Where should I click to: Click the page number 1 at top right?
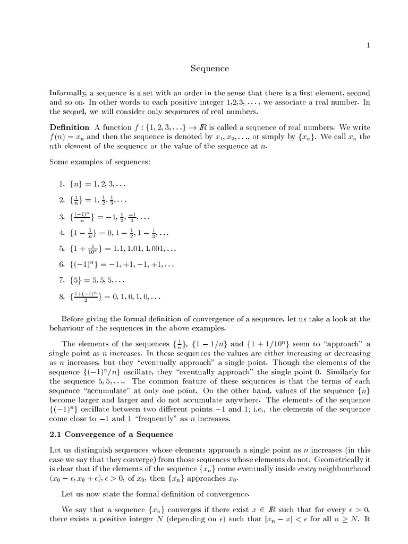[368, 46]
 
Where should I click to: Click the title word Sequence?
[210, 69]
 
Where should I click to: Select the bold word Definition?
[69, 127]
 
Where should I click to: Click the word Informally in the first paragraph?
[67, 93]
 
